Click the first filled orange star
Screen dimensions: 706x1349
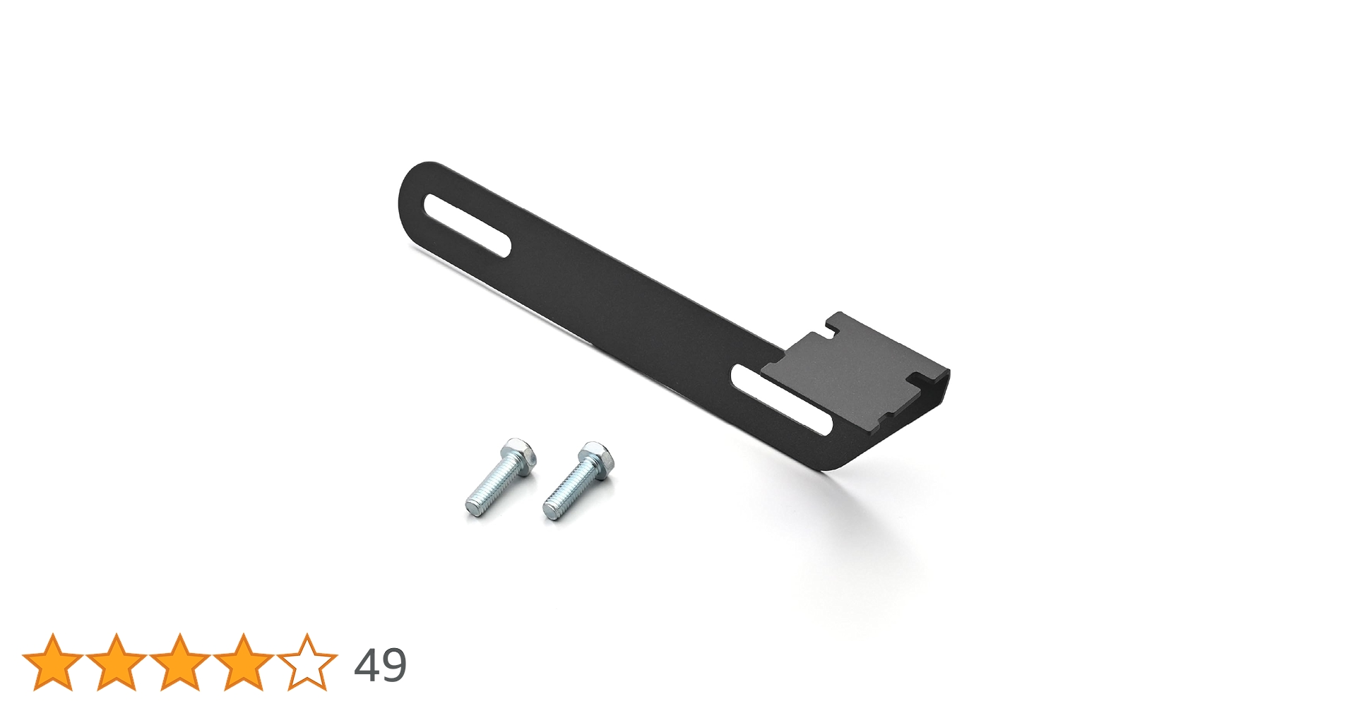tap(53, 663)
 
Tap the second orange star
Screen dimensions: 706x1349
tap(117, 663)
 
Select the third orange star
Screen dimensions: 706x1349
tap(180, 663)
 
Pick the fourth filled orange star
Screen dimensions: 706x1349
tap(244, 663)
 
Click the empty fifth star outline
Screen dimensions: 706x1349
tap(307, 663)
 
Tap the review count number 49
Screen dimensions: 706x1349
tap(380, 665)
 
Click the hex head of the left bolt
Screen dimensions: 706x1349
tap(518, 456)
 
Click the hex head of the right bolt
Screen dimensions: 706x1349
tap(595, 460)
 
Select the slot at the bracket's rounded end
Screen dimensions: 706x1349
tap(467, 225)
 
